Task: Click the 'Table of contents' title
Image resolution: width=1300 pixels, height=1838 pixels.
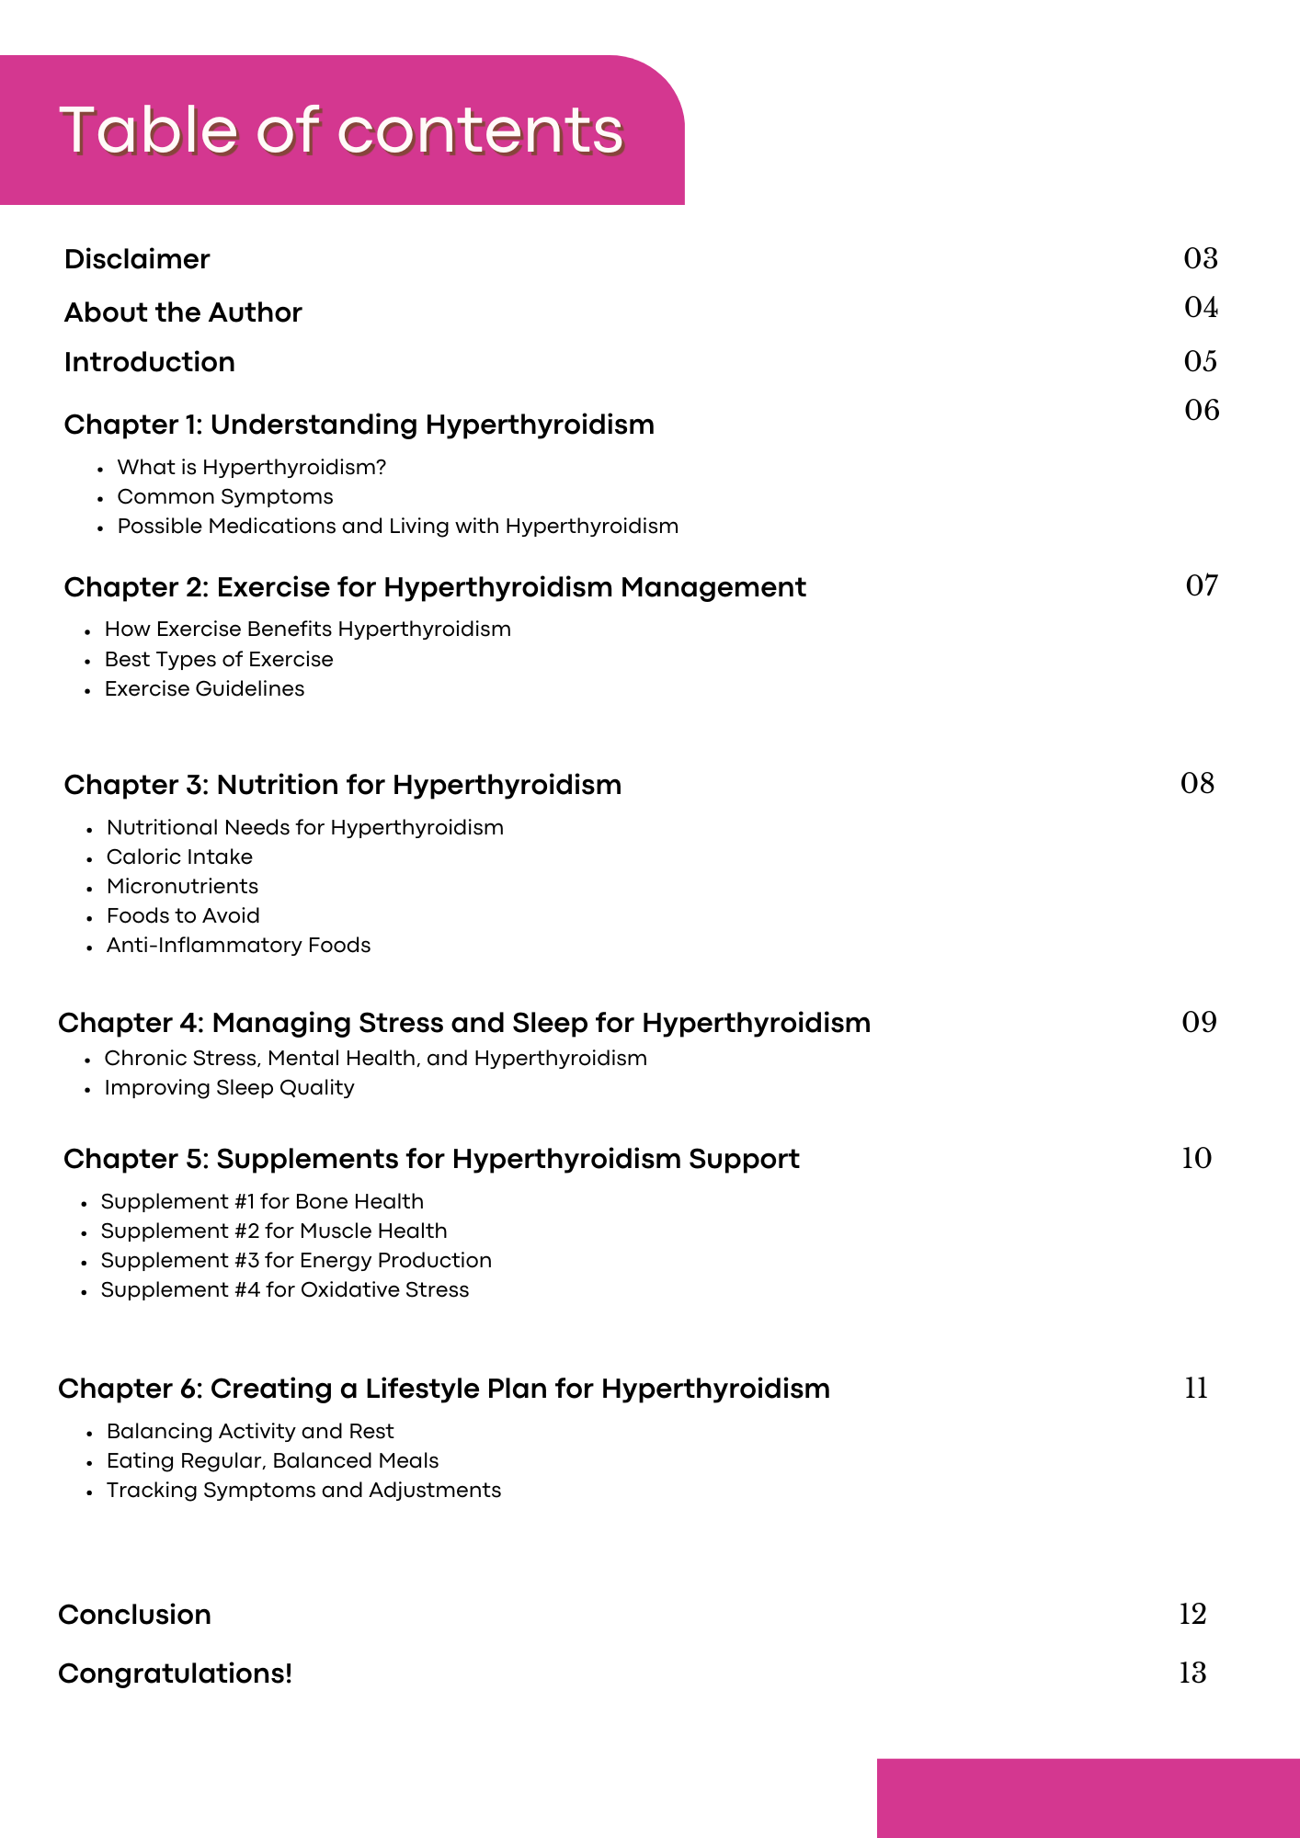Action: click(341, 130)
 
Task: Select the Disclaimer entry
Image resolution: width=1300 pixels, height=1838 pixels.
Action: click(137, 259)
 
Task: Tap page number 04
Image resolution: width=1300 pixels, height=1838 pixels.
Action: click(1201, 307)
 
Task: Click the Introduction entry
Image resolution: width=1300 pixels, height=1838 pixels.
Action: click(149, 362)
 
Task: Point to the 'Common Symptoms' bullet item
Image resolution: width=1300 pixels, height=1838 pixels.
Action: click(225, 497)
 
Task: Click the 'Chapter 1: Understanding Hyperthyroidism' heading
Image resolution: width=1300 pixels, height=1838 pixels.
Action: click(359, 425)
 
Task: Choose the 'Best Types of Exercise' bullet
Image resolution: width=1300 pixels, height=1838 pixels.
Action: click(219, 660)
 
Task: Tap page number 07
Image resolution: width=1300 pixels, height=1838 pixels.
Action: click(1202, 585)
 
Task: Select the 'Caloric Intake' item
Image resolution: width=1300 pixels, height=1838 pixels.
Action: click(179, 857)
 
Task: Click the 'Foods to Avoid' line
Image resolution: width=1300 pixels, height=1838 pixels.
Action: click(183, 916)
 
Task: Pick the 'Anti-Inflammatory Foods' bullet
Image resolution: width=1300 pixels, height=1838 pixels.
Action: click(238, 946)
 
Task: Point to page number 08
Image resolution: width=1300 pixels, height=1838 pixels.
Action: click(1197, 783)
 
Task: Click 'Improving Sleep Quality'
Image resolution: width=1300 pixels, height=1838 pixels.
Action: click(229, 1088)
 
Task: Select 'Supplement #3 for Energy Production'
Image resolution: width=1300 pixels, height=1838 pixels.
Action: click(296, 1261)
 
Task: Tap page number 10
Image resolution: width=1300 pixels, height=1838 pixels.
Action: click(1196, 1158)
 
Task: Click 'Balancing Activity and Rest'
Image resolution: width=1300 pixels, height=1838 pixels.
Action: click(250, 1432)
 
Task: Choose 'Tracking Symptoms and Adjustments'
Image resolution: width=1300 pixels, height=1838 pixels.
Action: click(303, 1491)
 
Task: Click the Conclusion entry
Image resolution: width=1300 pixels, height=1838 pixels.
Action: click(134, 1615)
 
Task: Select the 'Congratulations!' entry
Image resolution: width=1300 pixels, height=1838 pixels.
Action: click(175, 1673)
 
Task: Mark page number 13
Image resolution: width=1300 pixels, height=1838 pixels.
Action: click(1192, 1673)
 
